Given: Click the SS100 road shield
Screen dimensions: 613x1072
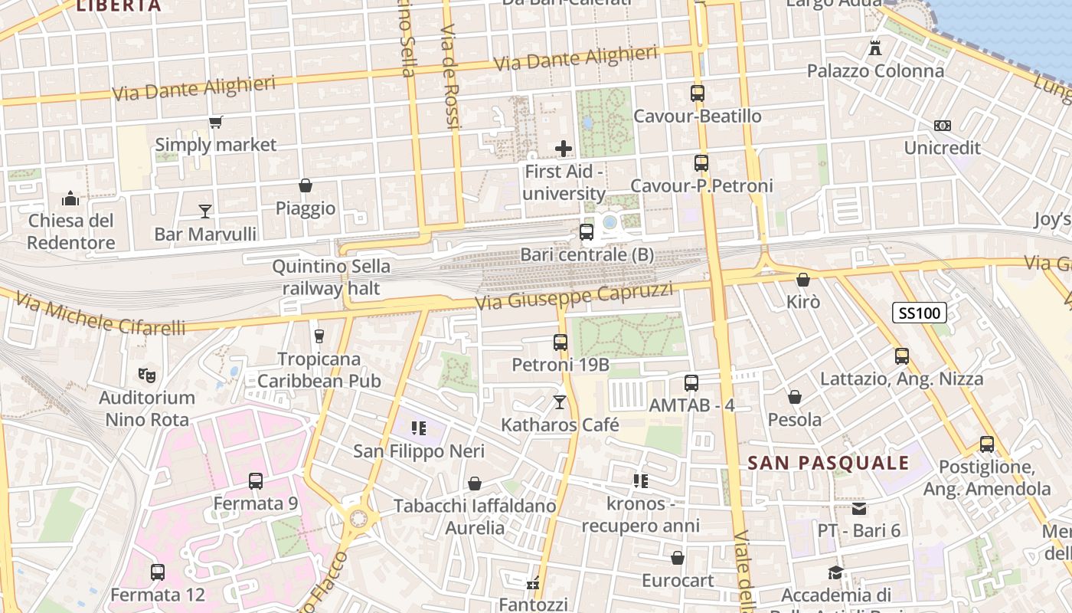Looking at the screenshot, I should (919, 313).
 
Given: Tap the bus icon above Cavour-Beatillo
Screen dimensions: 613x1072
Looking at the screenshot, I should (697, 93).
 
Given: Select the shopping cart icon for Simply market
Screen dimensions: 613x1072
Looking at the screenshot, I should (216, 123).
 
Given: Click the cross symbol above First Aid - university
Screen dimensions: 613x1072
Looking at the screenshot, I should (564, 149).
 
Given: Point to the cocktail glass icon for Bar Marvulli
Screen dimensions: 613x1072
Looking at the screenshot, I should (205, 211).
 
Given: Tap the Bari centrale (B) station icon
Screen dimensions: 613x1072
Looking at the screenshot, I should (587, 231).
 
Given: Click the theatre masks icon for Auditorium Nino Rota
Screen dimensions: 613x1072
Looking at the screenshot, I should (146, 375).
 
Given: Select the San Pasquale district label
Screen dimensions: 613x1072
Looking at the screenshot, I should (828, 463).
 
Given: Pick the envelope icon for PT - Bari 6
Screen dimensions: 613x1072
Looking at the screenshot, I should (859, 508).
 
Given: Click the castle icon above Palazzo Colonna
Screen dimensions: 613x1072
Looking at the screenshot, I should (875, 48).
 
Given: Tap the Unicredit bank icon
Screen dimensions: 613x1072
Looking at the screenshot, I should (942, 126).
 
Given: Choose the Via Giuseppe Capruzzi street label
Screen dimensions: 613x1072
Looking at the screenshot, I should (574, 296).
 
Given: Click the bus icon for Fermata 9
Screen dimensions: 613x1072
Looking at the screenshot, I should (256, 481).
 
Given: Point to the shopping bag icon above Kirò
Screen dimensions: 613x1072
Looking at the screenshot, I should (802, 280).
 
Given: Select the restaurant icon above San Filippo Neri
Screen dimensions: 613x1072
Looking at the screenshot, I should (418, 428).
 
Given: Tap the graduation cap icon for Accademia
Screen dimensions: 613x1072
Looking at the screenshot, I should (836, 572).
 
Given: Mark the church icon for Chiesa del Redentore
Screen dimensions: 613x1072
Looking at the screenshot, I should (70, 198).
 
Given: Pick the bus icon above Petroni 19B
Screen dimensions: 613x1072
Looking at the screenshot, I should (561, 343).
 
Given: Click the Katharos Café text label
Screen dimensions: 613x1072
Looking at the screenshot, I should (560, 425).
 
